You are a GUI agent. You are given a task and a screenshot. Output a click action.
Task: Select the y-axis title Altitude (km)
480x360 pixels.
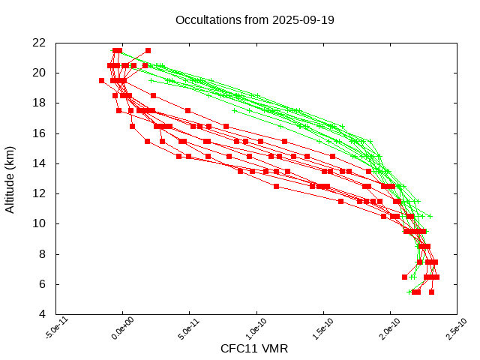[x=10, y=178]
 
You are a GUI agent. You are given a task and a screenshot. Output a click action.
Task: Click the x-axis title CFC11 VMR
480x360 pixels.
[x=254, y=349]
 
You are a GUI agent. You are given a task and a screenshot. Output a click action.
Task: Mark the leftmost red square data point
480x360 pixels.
[x=102, y=80]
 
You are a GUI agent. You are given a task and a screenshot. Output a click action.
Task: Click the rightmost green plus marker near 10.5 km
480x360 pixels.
[x=430, y=216]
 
